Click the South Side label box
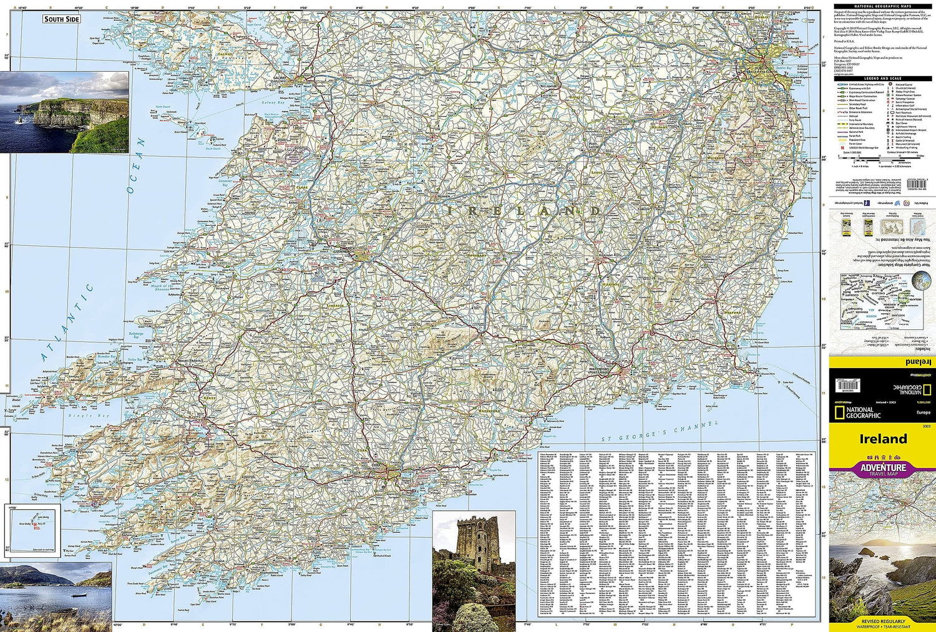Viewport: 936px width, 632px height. point(62,19)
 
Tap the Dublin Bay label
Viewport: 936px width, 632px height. point(784,68)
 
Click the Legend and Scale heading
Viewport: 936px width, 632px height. point(882,79)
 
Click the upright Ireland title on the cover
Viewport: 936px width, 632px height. point(883,439)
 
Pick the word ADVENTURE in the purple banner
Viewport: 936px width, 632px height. point(883,467)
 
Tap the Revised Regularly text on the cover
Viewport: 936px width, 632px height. point(883,621)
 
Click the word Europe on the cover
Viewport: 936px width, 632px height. point(923,413)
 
